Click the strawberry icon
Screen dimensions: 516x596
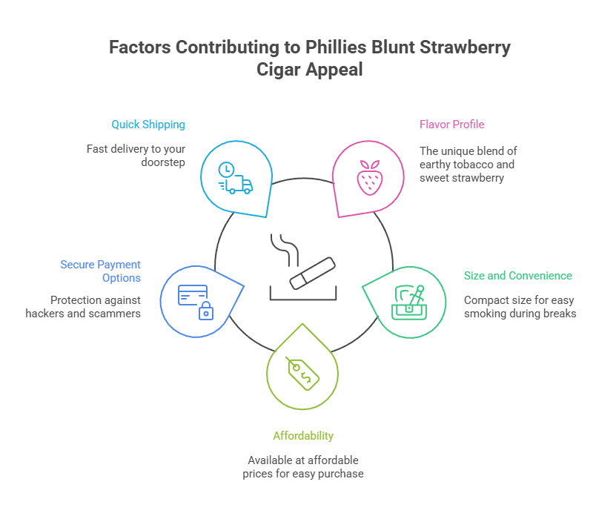coord(368,178)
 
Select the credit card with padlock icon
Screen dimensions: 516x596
coord(194,301)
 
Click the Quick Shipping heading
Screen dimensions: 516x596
coord(148,125)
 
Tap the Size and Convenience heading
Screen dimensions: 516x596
coord(517,276)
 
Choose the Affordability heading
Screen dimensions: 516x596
coord(303,435)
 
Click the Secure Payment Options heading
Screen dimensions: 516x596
coord(101,271)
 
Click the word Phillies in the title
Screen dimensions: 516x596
coord(332,48)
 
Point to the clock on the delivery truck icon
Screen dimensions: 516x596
coord(225,171)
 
